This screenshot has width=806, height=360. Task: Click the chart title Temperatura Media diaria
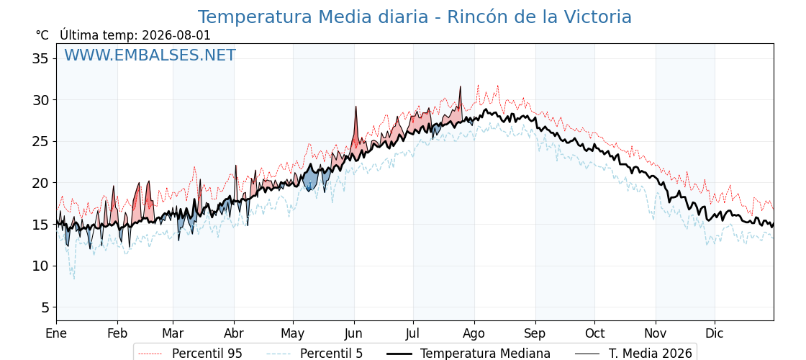[x=312, y=17]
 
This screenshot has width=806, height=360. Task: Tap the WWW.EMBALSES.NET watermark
[x=150, y=55]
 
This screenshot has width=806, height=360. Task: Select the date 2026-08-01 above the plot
[x=176, y=35]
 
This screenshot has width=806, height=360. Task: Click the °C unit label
[x=42, y=35]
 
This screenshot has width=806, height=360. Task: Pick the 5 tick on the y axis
[x=46, y=307]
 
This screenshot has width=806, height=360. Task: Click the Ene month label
[x=56, y=333]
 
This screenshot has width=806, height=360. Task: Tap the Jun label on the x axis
[x=353, y=333]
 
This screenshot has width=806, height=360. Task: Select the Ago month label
[x=474, y=334]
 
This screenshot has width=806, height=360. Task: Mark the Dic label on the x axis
[x=714, y=333]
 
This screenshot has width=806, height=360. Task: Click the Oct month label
[x=594, y=333]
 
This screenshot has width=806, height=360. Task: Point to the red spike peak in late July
[x=460, y=87]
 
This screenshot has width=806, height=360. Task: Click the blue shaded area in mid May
[x=310, y=181]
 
